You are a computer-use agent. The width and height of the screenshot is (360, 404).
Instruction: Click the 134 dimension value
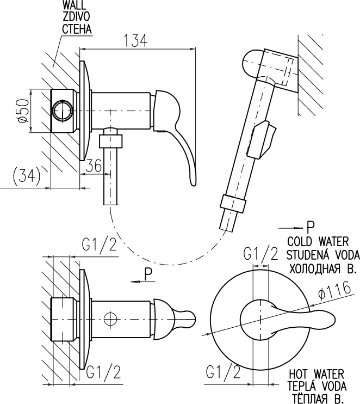click(x=135, y=41)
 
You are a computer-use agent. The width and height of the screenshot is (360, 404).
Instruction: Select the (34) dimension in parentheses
click(x=27, y=176)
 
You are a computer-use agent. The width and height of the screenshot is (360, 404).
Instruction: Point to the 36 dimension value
click(x=94, y=166)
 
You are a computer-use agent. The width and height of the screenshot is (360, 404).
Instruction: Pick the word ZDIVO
click(x=77, y=16)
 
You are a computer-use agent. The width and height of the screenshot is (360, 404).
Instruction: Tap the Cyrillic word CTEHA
click(x=77, y=29)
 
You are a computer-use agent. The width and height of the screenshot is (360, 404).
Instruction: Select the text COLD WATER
click(x=318, y=242)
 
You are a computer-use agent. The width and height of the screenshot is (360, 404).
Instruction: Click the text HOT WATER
click(x=316, y=374)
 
